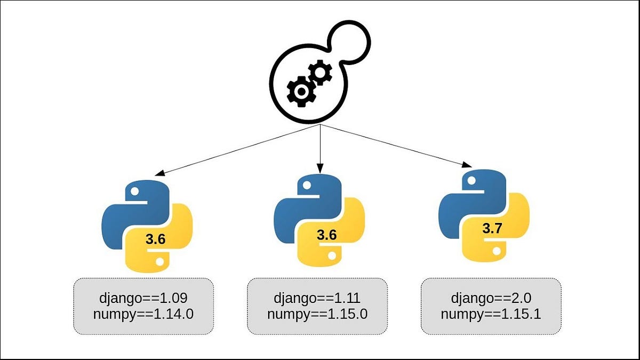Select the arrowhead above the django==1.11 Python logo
[x=320, y=169]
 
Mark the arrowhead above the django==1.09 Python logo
[x=158, y=173]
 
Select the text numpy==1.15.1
[x=491, y=314]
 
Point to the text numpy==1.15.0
[x=317, y=314]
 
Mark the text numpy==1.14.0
[x=143, y=314]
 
